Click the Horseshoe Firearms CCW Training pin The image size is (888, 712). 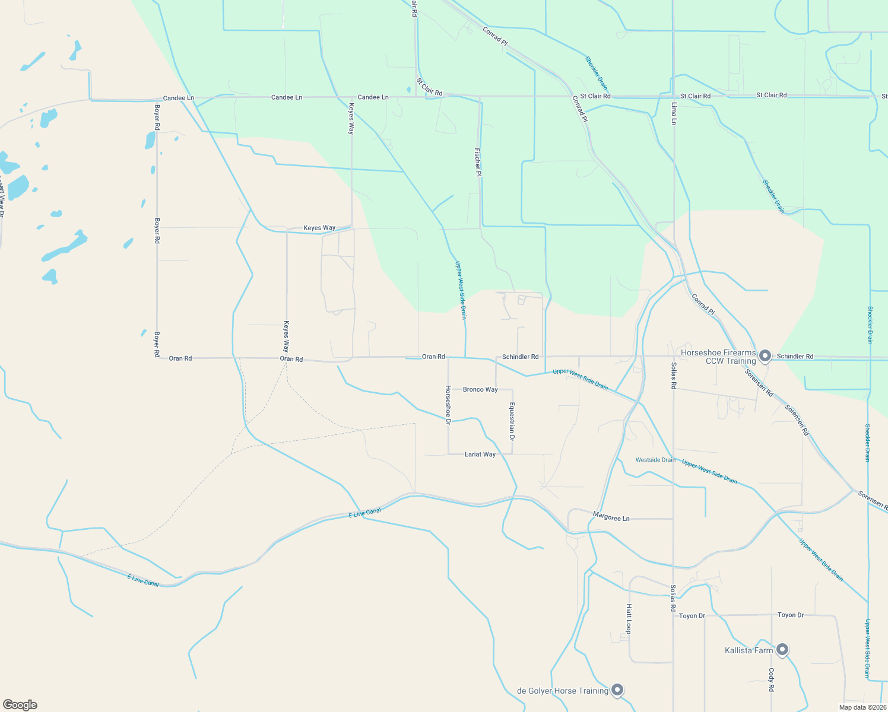(x=765, y=356)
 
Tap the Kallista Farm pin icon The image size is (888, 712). (x=782, y=650)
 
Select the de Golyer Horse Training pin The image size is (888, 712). (x=617, y=690)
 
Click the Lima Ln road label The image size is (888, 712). (x=674, y=113)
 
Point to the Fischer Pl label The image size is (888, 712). (x=478, y=162)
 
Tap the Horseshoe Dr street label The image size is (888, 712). (x=448, y=405)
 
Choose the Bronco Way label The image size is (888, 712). (x=480, y=390)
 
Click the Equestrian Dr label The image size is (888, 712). (x=512, y=421)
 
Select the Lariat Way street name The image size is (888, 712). (x=480, y=454)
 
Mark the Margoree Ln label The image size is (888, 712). (x=611, y=518)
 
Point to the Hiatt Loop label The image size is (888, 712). (x=629, y=619)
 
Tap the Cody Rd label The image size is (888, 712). (x=772, y=680)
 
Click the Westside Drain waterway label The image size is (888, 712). (x=655, y=460)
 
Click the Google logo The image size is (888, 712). (x=20, y=705)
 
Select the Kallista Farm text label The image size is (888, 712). (x=749, y=650)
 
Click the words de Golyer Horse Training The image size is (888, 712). (x=563, y=691)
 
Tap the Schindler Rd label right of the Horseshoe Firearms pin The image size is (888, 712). (x=795, y=357)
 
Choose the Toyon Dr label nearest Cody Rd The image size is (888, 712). (x=791, y=615)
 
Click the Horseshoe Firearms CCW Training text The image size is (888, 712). (x=718, y=357)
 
